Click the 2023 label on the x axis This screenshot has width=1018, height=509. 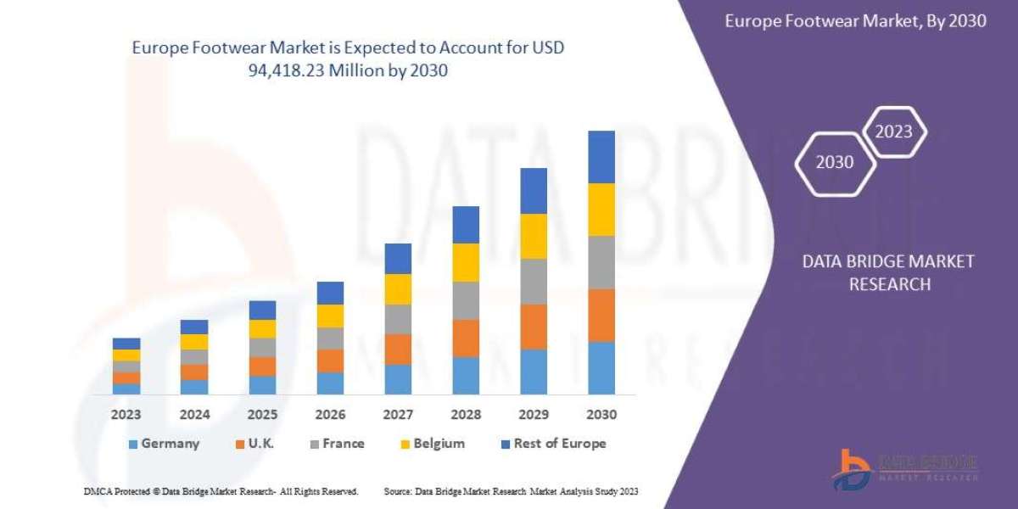pyautogui.click(x=126, y=415)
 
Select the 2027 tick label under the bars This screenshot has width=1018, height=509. pyautogui.click(x=398, y=415)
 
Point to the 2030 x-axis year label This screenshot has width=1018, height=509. pyautogui.click(x=601, y=415)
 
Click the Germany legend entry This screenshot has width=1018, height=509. pyautogui.click(x=164, y=444)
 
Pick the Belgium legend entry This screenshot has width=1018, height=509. pyautogui.click(x=431, y=444)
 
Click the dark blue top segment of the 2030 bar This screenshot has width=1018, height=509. pyautogui.click(x=601, y=157)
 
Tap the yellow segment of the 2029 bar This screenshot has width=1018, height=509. pyautogui.click(x=534, y=236)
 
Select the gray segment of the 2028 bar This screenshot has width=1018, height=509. pyautogui.click(x=466, y=300)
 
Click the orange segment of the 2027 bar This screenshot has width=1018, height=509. pyautogui.click(x=398, y=349)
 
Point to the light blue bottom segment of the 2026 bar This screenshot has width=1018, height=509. pyautogui.click(x=330, y=383)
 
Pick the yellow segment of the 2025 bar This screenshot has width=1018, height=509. pyautogui.click(x=262, y=329)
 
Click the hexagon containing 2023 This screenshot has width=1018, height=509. pyautogui.click(x=893, y=131)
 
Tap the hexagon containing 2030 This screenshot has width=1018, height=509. pyautogui.click(x=835, y=162)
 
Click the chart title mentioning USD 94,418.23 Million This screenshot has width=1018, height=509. pyautogui.click(x=348, y=59)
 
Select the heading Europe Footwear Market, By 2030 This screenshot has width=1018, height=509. pyautogui.click(x=855, y=21)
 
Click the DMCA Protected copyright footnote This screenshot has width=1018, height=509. pyautogui.click(x=221, y=491)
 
